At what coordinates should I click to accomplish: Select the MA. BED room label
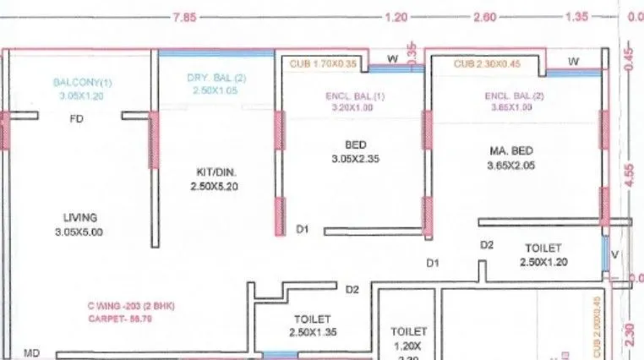(511, 150)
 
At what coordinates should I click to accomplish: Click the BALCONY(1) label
(82, 83)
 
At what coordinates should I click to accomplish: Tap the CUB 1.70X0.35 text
(324, 62)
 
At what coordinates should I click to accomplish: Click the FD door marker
(77, 120)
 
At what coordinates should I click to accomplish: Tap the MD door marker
(32, 352)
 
